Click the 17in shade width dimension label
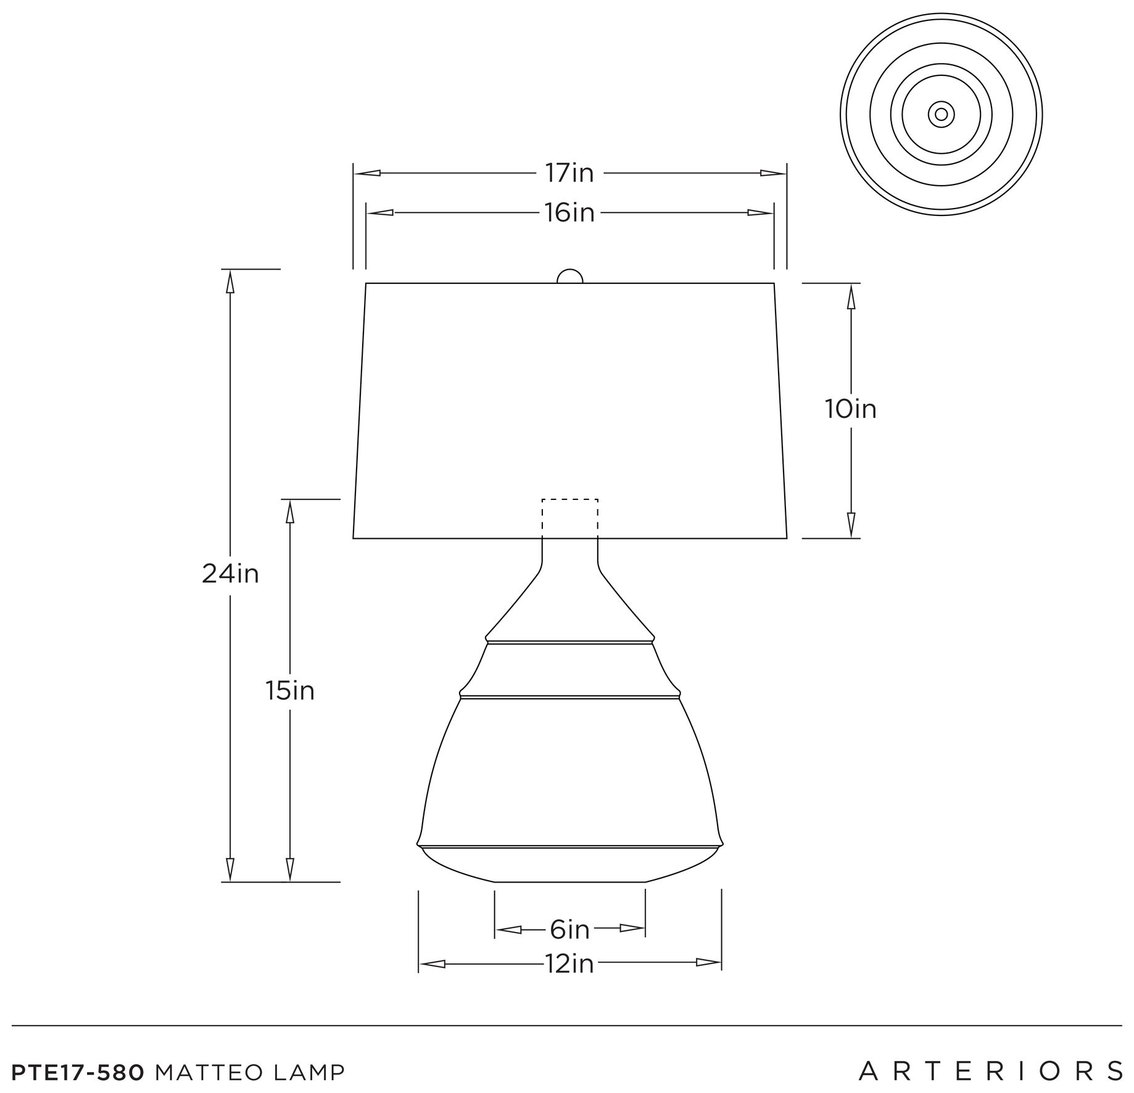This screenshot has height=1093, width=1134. point(569,173)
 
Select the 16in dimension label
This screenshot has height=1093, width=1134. point(569,213)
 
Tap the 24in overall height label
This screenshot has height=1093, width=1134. point(230,575)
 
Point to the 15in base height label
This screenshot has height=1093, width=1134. point(290,691)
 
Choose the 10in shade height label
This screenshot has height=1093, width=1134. point(851,409)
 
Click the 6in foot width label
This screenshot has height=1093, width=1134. point(569,929)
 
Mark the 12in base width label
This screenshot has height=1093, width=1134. point(569,964)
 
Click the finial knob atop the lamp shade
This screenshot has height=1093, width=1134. point(569,276)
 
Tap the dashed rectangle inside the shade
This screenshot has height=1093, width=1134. point(569,499)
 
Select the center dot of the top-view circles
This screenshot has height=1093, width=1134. point(941,114)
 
